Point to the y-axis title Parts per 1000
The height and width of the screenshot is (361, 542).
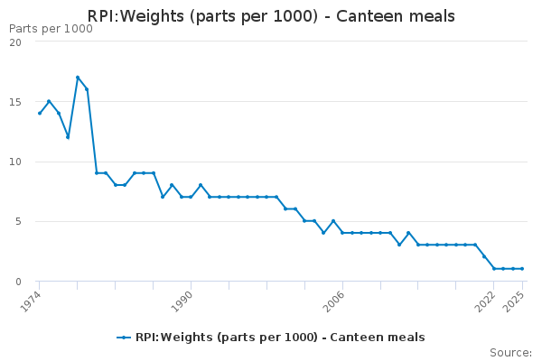coord(51,29)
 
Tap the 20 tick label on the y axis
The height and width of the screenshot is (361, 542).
coord(15,42)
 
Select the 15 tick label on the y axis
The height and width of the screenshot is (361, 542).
coord(15,102)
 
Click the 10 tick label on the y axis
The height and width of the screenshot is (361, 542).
coord(15,162)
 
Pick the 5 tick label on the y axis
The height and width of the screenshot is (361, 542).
coord(18,221)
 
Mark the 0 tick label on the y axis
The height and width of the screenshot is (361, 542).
coord(18,281)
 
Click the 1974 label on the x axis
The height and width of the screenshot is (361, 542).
coord(33,299)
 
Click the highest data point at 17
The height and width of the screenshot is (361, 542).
coord(78,78)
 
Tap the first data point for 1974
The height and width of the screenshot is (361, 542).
coord(40,113)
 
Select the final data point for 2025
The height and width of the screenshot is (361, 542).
coord(522,269)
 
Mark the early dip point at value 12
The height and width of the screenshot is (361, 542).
coord(68,137)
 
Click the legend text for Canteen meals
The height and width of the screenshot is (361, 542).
coord(280,338)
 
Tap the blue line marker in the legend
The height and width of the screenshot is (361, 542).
coord(124,338)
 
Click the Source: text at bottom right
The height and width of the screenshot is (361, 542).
coord(510,353)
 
